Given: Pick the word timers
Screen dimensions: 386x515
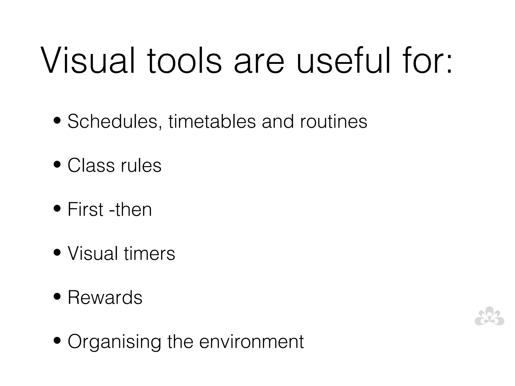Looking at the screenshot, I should (149, 253).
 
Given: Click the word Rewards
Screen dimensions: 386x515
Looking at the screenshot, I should (105, 297).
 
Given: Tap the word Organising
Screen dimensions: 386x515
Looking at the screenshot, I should (114, 342).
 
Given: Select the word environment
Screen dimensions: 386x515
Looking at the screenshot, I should (251, 342).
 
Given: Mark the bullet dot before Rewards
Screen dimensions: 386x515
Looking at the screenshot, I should (57, 297).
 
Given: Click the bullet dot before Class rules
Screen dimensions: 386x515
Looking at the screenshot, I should (57, 165).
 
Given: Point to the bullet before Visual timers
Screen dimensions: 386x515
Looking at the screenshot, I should (57, 253).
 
